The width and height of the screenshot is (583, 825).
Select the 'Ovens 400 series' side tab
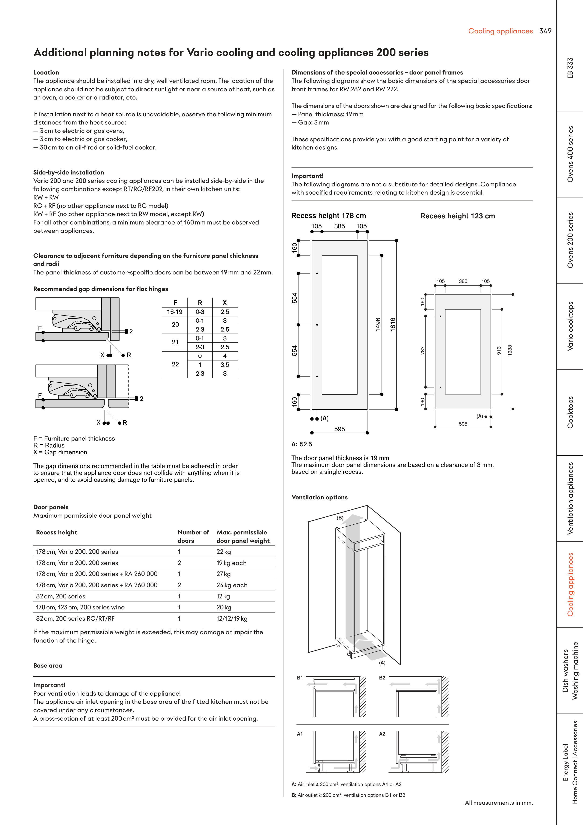[570, 154]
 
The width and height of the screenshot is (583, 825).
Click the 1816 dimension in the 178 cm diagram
[393, 324]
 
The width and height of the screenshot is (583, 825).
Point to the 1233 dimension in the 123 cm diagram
[510, 350]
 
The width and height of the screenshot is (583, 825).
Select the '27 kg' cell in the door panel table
[223, 574]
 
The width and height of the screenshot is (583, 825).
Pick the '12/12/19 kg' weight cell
[232, 618]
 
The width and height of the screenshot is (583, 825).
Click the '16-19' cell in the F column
[175, 312]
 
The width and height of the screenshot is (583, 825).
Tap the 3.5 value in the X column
[225, 365]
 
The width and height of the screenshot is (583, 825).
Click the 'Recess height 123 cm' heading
[458, 216]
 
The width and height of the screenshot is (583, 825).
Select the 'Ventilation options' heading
[319, 497]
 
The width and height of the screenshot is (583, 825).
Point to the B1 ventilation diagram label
[300, 678]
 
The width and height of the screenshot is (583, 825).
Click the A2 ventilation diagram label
[382, 734]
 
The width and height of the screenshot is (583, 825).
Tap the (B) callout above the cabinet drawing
[340, 518]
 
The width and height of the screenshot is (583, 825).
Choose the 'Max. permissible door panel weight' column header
[243, 537]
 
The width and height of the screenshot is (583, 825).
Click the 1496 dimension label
[378, 324]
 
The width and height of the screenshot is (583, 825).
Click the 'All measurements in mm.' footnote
[498, 803]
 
